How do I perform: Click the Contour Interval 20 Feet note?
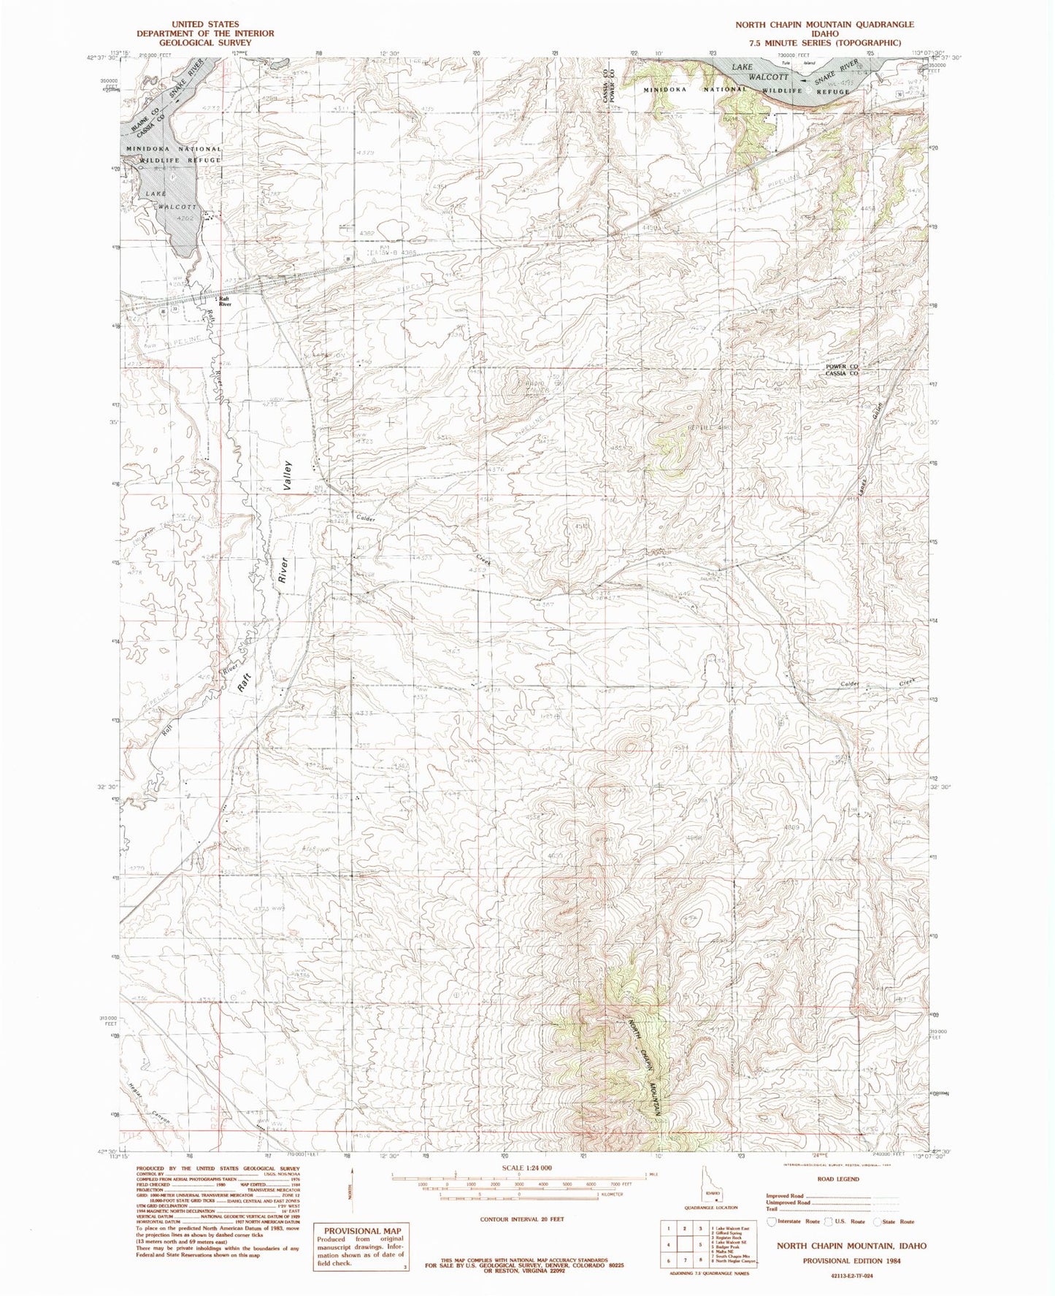pyautogui.click(x=521, y=1219)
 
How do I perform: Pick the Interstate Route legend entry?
pyautogui.click(x=792, y=1221)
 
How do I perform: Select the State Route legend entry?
pyautogui.click(x=894, y=1221)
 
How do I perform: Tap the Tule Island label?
pyautogui.click(x=787, y=63)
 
